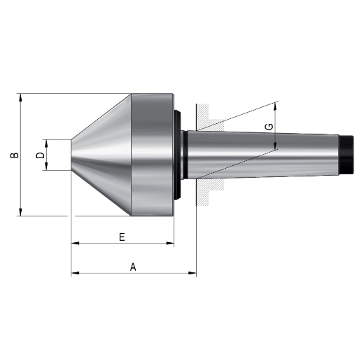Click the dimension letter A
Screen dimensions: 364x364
133,267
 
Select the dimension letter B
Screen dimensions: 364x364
15,155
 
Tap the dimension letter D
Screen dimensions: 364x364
40,155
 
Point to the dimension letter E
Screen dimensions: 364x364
122,237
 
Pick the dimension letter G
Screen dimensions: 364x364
269,127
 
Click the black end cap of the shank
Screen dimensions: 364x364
346,155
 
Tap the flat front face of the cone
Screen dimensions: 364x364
71,155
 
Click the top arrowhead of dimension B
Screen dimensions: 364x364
20,97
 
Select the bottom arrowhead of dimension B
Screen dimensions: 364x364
20,212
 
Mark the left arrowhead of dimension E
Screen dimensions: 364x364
75,244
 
